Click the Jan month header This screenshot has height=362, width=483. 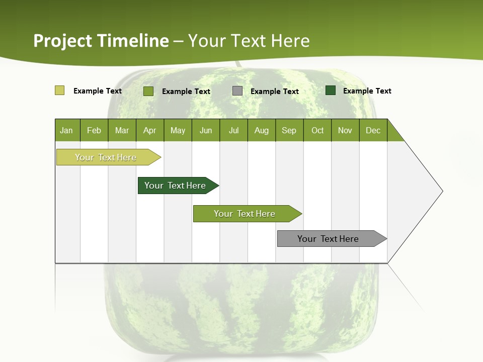click(67, 130)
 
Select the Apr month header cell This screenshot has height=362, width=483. click(149, 130)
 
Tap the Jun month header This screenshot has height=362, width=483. click(206, 130)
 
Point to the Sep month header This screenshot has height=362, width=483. click(289, 130)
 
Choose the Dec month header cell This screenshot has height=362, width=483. click(373, 130)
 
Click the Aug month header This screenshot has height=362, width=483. click(261, 130)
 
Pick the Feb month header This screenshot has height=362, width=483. click(94, 130)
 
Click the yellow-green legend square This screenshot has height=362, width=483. click(59, 90)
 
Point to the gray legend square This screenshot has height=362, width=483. click(237, 91)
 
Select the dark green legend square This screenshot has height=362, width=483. click(331, 90)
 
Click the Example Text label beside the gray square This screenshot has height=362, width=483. click(274, 92)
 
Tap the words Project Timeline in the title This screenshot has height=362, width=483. click(101, 41)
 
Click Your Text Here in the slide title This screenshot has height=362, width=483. click(249, 41)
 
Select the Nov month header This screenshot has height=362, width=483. click(345, 130)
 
